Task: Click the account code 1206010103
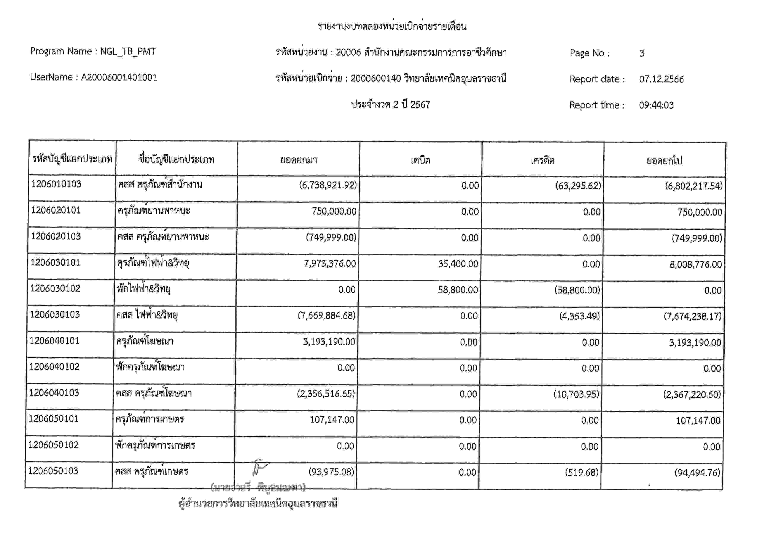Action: point(56,184)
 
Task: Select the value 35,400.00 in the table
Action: point(458,264)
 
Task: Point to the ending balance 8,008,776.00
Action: point(696,265)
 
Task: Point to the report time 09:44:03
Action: point(656,105)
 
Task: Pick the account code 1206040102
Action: point(54,367)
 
